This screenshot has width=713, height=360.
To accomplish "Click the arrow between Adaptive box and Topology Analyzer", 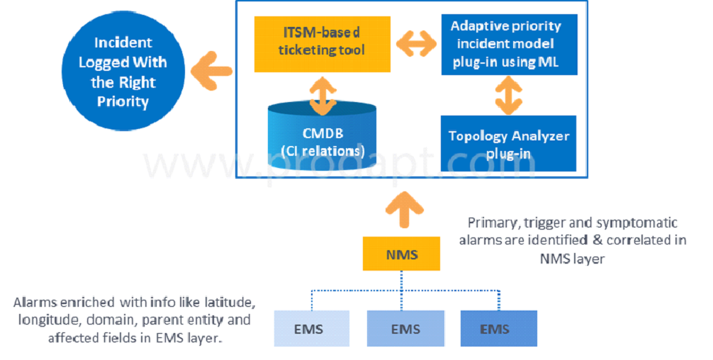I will click(505, 94).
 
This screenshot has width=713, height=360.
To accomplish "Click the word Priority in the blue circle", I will click(123, 101).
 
